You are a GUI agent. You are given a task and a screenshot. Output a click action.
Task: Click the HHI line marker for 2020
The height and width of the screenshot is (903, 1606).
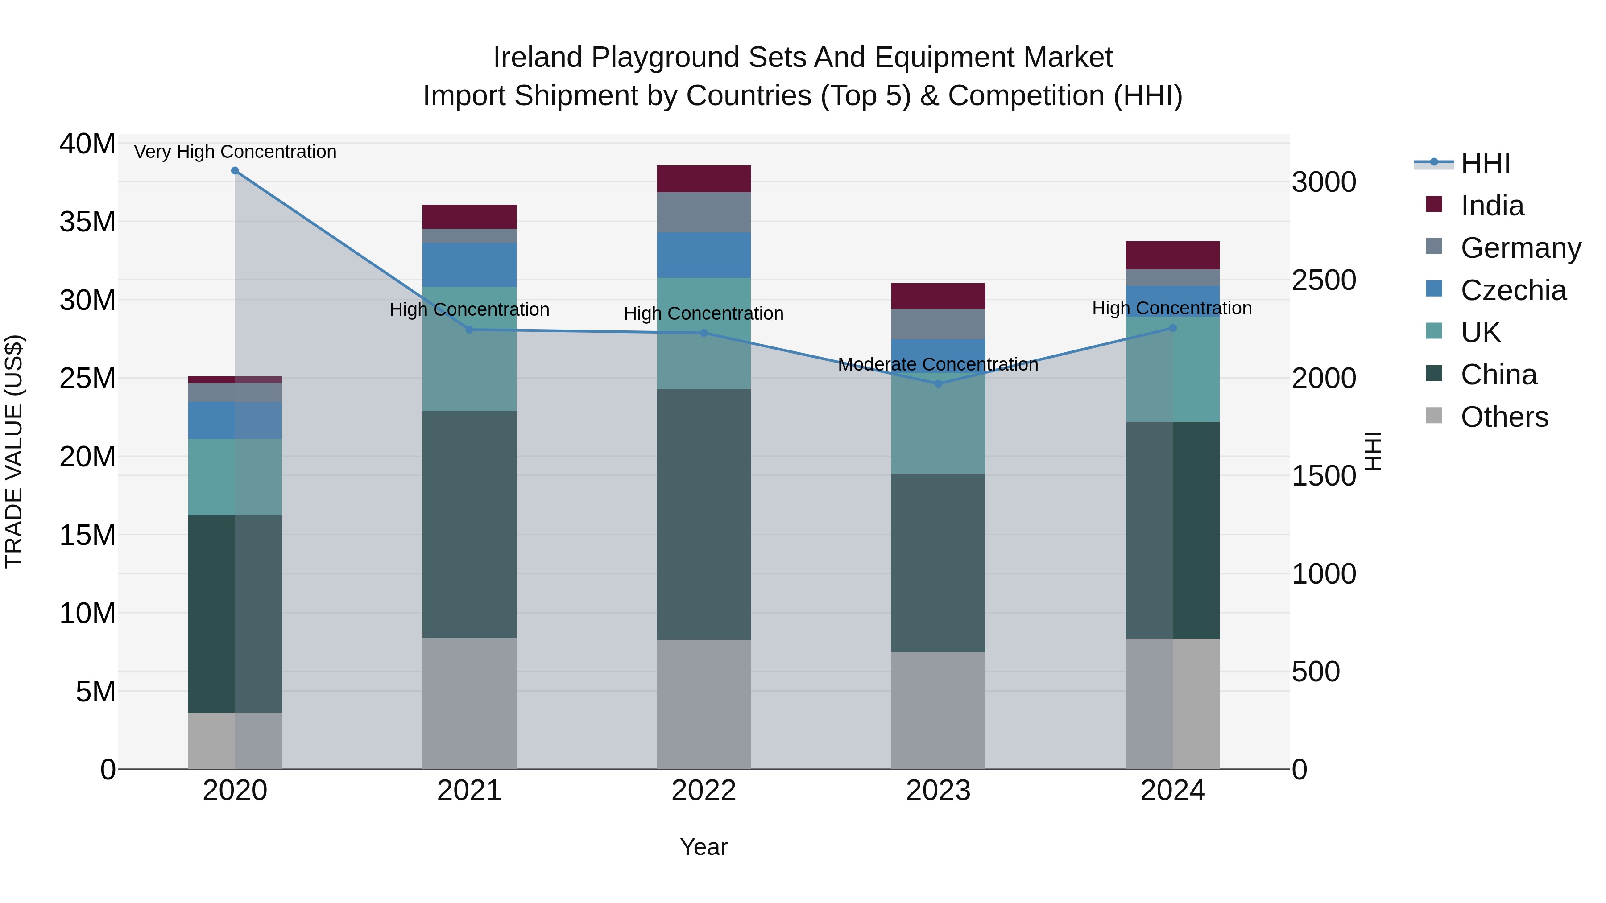tap(235, 171)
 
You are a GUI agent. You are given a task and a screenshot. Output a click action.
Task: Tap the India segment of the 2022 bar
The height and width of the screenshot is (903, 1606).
tap(704, 179)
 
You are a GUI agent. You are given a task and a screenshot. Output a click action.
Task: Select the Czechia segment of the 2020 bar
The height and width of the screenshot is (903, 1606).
tap(235, 420)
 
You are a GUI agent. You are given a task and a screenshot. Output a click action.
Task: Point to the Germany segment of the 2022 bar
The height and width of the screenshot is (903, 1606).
tap(704, 213)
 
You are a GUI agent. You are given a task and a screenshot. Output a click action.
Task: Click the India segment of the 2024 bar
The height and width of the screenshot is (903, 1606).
tap(1173, 256)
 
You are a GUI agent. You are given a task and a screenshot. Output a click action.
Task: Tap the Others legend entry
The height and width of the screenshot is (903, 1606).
tap(1504, 417)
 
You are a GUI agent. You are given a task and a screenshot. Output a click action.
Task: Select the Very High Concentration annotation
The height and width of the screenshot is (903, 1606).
tap(235, 152)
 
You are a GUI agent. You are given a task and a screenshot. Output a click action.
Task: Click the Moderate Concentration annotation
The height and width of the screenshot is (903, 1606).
tap(938, 365)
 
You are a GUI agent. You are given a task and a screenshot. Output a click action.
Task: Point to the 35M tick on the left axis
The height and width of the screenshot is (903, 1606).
tap(87, 222)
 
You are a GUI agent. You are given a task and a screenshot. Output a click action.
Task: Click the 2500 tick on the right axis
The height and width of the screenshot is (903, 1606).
tap(1324, 280)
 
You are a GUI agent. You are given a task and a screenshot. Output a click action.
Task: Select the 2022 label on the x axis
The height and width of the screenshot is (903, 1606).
tap(704, 791)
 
